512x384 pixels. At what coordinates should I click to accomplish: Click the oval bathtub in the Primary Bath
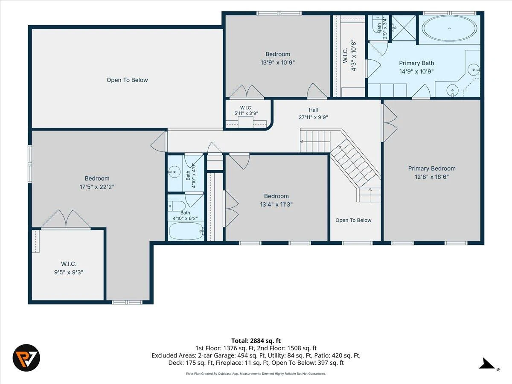(449, 28)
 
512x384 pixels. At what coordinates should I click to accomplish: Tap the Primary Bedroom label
(431, 169)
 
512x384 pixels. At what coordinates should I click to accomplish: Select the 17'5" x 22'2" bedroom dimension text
(97, 187)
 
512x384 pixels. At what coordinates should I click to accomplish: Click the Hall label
(313, 110)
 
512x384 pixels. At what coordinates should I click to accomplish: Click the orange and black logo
(26, 358)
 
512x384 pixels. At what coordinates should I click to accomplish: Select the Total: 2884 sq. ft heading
(256, 341)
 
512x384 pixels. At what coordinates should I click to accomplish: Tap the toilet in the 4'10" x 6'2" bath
(177, 206)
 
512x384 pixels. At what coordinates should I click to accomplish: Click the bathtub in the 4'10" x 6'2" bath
(186, 231)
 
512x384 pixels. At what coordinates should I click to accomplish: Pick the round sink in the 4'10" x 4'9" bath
(174, 172)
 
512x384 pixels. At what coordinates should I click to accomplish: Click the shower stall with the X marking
(404, 28)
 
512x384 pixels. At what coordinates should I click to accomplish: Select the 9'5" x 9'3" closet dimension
(69, 272)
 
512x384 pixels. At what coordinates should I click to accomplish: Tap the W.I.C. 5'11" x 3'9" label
(246, 111)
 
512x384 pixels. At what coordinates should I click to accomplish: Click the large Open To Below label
(127, 80)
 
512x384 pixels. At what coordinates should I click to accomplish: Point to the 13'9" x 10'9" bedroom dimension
(278, 62)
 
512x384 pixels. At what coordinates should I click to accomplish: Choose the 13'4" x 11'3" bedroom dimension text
(276, 204)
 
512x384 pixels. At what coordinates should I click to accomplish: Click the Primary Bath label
(416, 63)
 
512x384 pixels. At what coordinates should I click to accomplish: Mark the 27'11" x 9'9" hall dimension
(313, 117)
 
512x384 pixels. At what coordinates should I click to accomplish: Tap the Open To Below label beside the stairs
(353, 220)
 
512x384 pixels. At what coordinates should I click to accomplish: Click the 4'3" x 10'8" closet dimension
(354, 55)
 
